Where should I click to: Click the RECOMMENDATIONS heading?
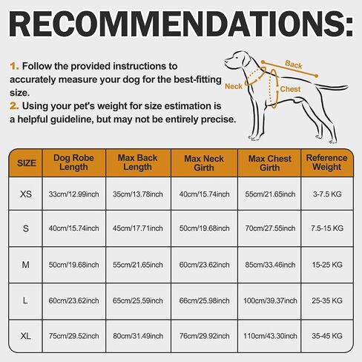181,24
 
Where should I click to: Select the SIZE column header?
27,163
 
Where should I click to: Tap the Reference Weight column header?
326,162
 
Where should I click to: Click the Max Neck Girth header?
204,163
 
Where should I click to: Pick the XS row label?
26,194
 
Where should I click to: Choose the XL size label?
26,336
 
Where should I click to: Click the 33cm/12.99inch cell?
73,194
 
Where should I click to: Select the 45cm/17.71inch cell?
138,228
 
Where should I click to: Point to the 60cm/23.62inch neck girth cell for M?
204,265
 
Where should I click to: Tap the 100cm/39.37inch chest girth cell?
270,300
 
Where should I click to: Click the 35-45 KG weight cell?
327,336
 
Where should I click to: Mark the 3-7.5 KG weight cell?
327,194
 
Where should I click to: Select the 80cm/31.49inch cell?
138,336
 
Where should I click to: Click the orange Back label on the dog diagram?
294,65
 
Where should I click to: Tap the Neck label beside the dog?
234,86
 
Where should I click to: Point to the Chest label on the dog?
290,89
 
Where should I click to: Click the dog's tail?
332,87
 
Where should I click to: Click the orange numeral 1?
14,66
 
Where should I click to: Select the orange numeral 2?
14,106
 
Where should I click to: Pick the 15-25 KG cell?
327,265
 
